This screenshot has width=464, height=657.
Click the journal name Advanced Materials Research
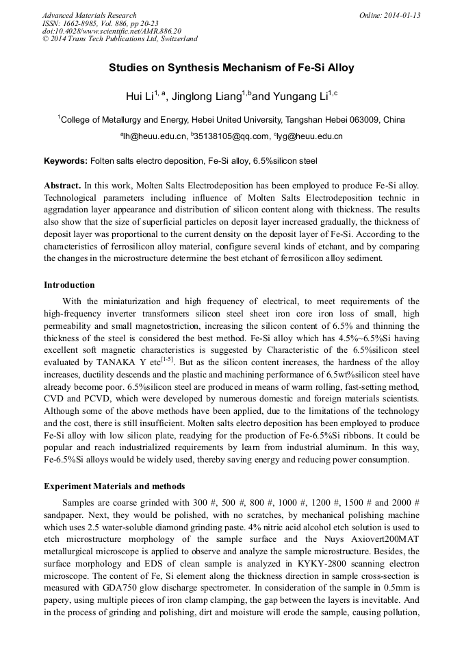point(89,15)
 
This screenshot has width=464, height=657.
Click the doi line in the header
point(112,31)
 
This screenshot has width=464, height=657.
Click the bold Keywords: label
point(66,162)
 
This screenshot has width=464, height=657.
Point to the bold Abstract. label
point(62,186)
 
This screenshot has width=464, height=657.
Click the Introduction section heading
point(69,284)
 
